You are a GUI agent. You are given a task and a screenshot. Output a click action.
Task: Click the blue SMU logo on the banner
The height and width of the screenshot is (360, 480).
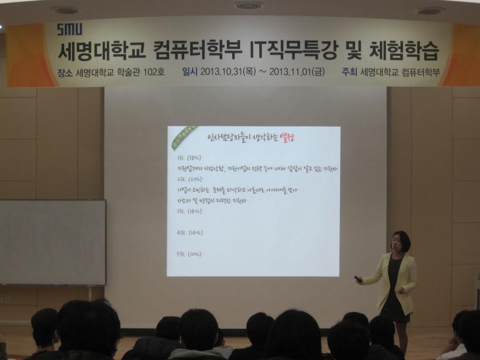coord(69,29)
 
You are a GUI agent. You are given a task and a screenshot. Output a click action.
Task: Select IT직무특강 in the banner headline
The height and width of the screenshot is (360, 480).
coord(283,51)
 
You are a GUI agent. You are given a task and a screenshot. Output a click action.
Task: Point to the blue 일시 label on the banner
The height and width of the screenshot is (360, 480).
coord(189,73)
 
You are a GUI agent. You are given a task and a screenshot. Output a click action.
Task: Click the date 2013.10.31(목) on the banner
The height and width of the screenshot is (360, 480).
coord(227,73)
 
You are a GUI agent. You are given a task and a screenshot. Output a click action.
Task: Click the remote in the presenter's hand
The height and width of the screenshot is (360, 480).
coord(358,279)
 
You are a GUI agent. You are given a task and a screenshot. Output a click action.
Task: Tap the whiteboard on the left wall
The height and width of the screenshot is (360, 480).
coord(52,242)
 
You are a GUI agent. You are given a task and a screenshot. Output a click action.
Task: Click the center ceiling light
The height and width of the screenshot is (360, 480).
coord(249,6)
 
